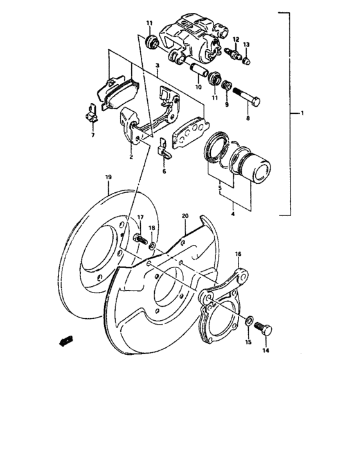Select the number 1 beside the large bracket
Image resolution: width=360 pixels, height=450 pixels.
[x=301, y=114]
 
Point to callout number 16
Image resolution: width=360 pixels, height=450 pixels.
[x=237, y=254]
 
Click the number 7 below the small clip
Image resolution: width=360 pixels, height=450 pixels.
[x=93, y=136]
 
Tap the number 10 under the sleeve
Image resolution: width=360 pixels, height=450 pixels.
[x=198, y=87]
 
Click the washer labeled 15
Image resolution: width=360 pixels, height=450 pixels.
[x=249, y=320]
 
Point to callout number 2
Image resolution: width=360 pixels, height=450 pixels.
[x=131, y=156]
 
